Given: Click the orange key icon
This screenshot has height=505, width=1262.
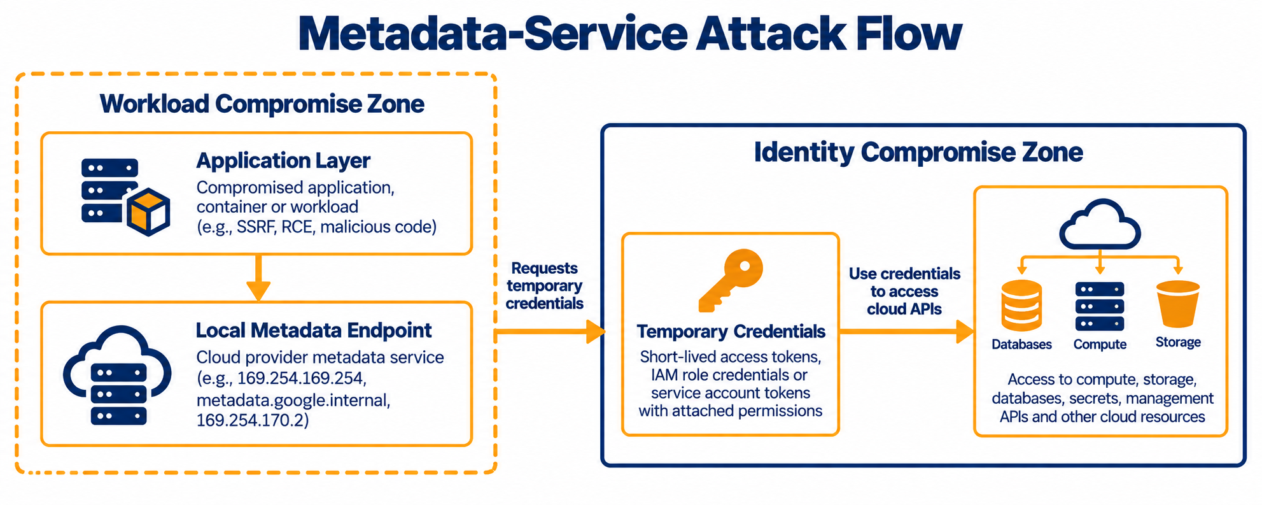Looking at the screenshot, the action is [x=731, y=281].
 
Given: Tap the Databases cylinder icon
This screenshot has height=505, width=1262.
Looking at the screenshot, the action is [x=1021, y=306].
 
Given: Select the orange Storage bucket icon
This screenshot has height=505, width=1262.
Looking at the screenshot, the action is [x=1177, y=304].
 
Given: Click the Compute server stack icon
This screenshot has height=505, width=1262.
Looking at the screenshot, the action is [x=1100, y=306].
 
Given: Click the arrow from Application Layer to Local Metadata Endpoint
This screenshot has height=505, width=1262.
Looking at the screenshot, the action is [x=258, y=278].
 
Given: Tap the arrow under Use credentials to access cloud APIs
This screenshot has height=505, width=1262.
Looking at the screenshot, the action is [x=907, y=331].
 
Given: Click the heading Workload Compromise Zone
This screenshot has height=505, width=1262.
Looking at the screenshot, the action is [x=262, y=104].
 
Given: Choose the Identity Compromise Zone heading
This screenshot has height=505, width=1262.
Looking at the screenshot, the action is [x=918, y=152].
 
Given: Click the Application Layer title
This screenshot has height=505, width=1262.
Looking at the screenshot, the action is [x=283, y=160].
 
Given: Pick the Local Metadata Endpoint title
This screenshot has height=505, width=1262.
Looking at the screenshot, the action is [x=314, y=330].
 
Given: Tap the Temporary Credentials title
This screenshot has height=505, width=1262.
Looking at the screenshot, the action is [x=731, y=331].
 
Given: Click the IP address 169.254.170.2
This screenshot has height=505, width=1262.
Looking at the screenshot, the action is [x=252, y=420].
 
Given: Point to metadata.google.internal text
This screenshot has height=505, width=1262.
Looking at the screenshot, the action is [x=293, y=400].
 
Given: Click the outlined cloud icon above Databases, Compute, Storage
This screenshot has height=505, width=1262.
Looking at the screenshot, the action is [x=1100, y=224].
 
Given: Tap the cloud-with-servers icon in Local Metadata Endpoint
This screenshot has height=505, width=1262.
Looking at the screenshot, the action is [x=118, y=375].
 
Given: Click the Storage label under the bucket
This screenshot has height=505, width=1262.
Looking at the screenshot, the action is [x=1178, y=342].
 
